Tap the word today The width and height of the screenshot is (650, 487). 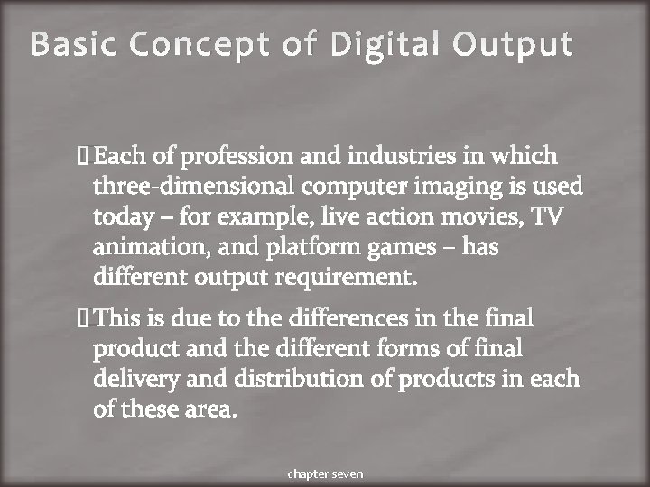(x=120, y=217)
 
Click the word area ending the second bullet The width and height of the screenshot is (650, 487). (x=211, y=409)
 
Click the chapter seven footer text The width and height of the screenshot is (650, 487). (x=324, y=473)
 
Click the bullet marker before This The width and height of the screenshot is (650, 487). (x=84, y=318)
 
